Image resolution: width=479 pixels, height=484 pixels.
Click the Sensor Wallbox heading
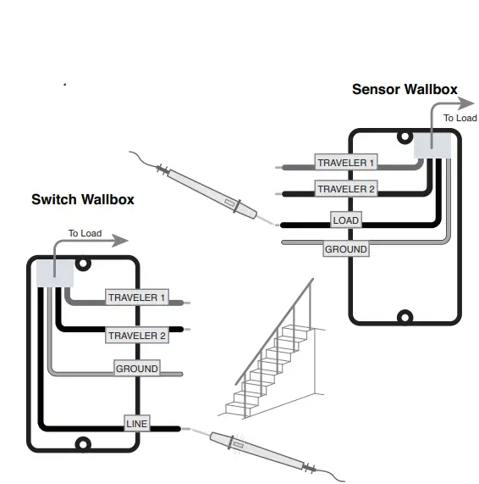405,89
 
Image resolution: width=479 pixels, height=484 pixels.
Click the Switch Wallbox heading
83,199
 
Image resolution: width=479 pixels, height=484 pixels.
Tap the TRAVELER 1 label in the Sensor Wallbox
346,163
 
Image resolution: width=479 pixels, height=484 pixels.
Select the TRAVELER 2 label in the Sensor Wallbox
346,189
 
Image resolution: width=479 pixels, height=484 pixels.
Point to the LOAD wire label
346,220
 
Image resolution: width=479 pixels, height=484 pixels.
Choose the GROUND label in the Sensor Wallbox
346,249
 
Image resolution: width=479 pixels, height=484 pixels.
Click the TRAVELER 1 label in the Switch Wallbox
137,298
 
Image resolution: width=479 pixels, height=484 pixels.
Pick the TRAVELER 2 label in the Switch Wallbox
137,335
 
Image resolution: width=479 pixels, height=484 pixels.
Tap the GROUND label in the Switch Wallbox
137,368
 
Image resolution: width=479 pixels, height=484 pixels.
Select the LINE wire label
137,423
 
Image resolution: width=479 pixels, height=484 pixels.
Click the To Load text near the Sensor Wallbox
460,118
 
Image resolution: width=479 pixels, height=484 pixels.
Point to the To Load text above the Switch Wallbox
85,233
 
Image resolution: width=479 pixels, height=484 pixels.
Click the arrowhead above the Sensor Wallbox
465,103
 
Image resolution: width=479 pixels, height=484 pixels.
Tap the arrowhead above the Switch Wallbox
119,241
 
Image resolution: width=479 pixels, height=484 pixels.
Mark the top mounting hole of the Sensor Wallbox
405,136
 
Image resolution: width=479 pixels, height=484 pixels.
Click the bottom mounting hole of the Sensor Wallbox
405,317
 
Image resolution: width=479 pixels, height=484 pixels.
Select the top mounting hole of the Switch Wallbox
83,264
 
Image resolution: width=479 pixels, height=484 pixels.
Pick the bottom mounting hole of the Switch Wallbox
83,444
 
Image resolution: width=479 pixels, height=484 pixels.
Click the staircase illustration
272,348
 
